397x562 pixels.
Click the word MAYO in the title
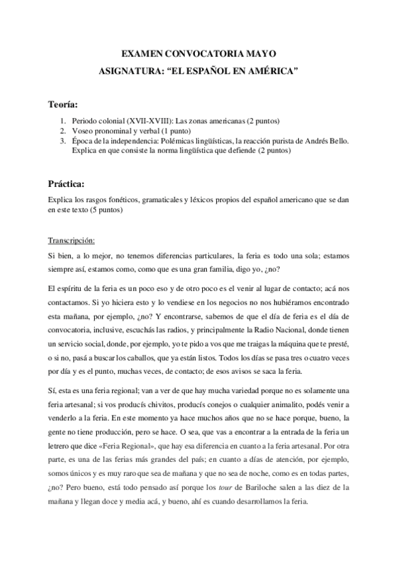click(x=259, y=52)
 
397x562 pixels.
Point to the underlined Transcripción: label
click(x=72, y=240)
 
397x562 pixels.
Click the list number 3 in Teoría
click(x=63, y=141)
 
